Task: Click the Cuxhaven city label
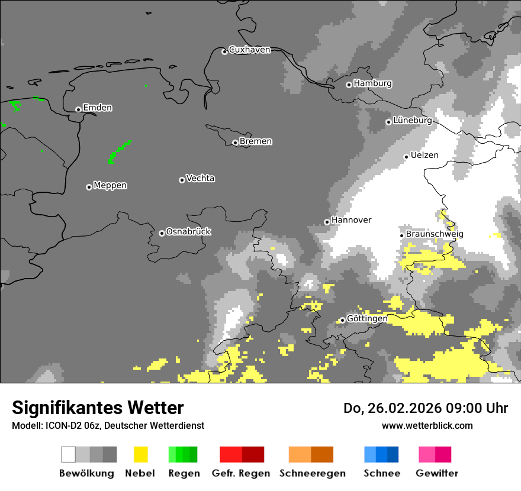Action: pos(249,50)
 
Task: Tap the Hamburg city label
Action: pos(372,83)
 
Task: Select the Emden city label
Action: pos(97,108)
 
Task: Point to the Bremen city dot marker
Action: pos(235,143)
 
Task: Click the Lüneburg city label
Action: pos(412,120)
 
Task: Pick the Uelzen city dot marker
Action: pos(406,157)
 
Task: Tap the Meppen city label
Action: pos(110,185)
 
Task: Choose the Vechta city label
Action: pos(200,178)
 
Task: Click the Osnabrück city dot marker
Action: pos(162,233)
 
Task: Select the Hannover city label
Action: pos(351,220)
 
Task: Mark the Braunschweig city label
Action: pos(435,234)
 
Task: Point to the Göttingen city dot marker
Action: pos(342,321)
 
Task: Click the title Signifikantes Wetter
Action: pos(98,408)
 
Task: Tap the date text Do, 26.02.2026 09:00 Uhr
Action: pos(426,408)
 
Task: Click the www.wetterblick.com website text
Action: pos(427,425)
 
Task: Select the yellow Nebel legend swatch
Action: pos(140,454)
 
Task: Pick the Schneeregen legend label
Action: pos(312,473)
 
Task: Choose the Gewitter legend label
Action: pos(436,473)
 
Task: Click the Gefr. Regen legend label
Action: pos(240,473)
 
